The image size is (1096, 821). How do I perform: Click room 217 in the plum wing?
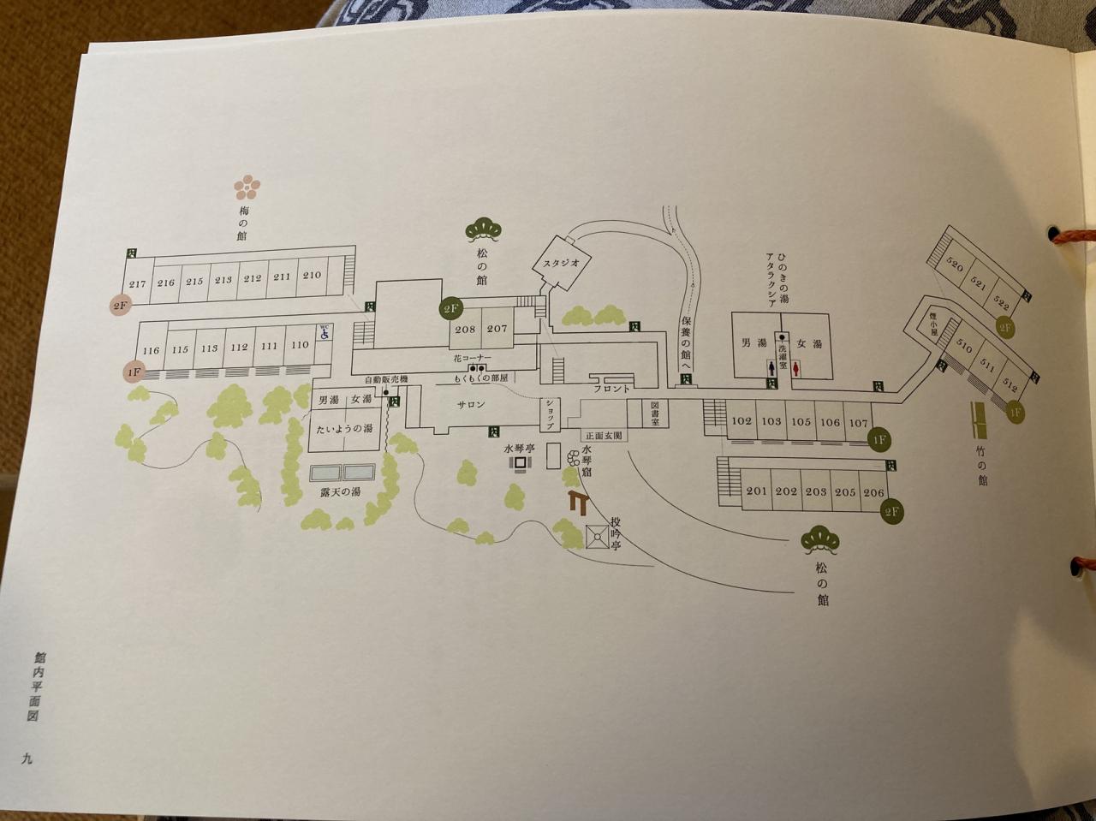[137, 284]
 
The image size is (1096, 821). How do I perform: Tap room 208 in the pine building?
[465, 329]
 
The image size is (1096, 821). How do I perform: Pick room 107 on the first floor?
[858, 422]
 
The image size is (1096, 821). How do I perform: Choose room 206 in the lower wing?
[873, 492]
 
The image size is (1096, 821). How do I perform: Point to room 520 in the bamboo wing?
[956, 268]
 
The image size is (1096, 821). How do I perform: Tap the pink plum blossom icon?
[248, 186]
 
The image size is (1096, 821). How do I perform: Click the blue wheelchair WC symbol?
[325, 332]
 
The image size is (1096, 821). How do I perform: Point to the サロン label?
[470, 405]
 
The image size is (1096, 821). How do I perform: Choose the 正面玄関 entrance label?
[605, 435]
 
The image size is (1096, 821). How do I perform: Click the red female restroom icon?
[797, 367]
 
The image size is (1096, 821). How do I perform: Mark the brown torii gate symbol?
[578, 503]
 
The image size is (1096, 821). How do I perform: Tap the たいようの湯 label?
[345, 428]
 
